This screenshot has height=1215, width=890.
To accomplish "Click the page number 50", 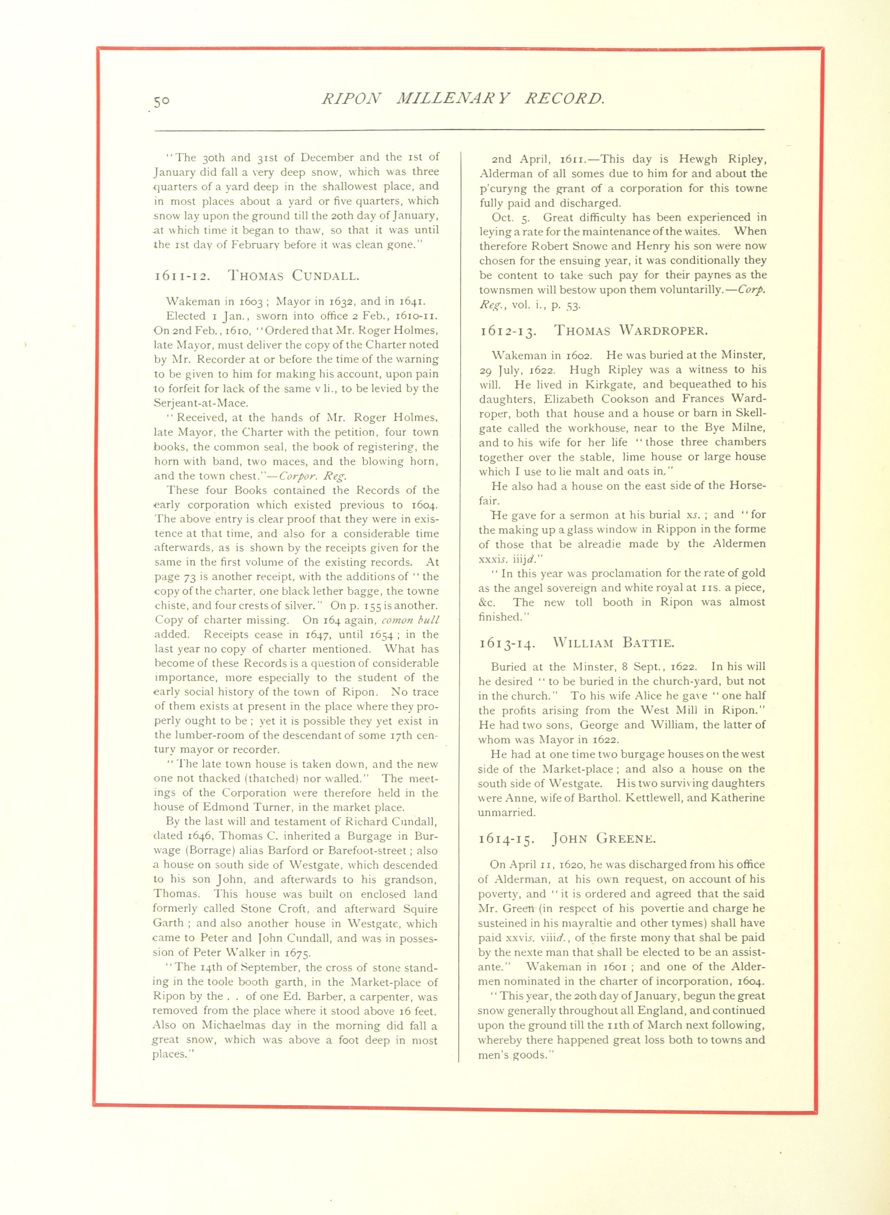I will (x=162, y=101).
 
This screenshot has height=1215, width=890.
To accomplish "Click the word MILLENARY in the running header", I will (x=452, y=98).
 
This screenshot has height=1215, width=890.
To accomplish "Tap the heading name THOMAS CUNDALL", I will (x=294, y=276).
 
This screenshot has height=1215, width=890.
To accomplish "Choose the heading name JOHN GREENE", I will (x=604, y=839).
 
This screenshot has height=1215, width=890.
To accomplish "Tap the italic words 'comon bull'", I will (x=411, y=620).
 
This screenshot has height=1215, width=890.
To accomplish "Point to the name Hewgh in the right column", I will (x=698, y=160).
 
